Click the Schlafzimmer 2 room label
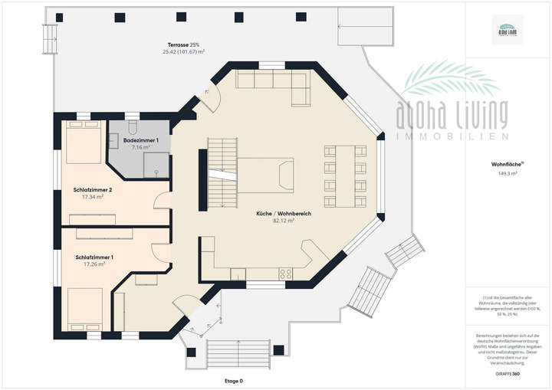pyautogui.click(x=94, y=189)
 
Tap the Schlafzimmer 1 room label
pyautogui.click(x=94, y=257)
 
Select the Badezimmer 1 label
pyautogui.click(x=140, y=140)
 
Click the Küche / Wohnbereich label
pyautogui.click(x=284, y=213)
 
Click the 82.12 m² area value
pyautogui.click(x=284, y=221)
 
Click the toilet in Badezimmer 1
pyautogui.click(x=132, y=127)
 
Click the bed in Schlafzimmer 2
pyautogui.click(x=82, y=144)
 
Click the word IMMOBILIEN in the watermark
pyautogui.click(x=452, y=136)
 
